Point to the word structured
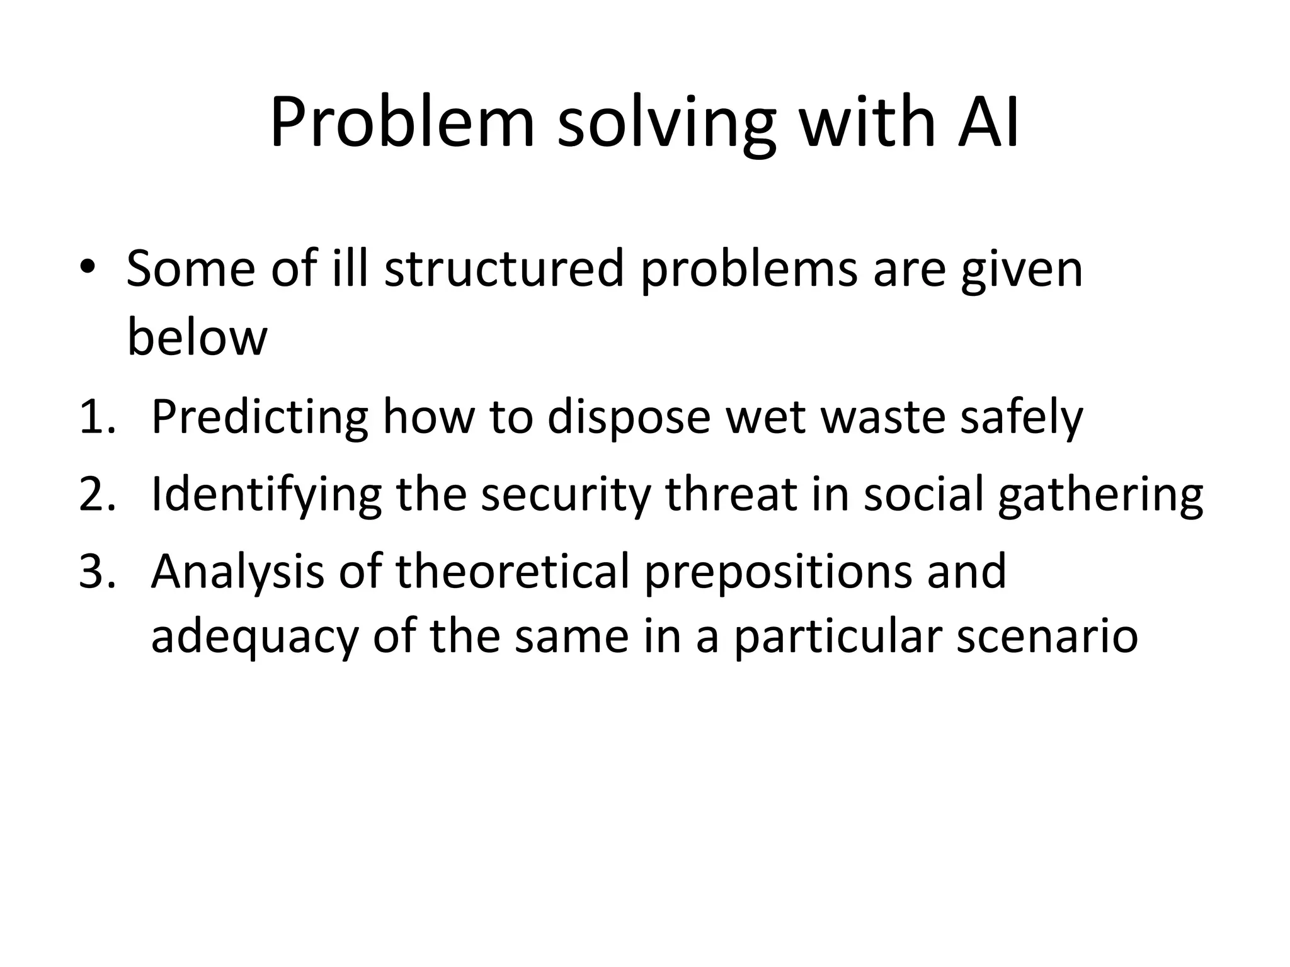tap(504, 269)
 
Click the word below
tap(197, 338)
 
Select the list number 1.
tap(97, 417)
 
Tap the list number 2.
tap(97, 495)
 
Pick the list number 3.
tap(97, 572)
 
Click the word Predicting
tap(260, 418)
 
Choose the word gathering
tap(1100, 496)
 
